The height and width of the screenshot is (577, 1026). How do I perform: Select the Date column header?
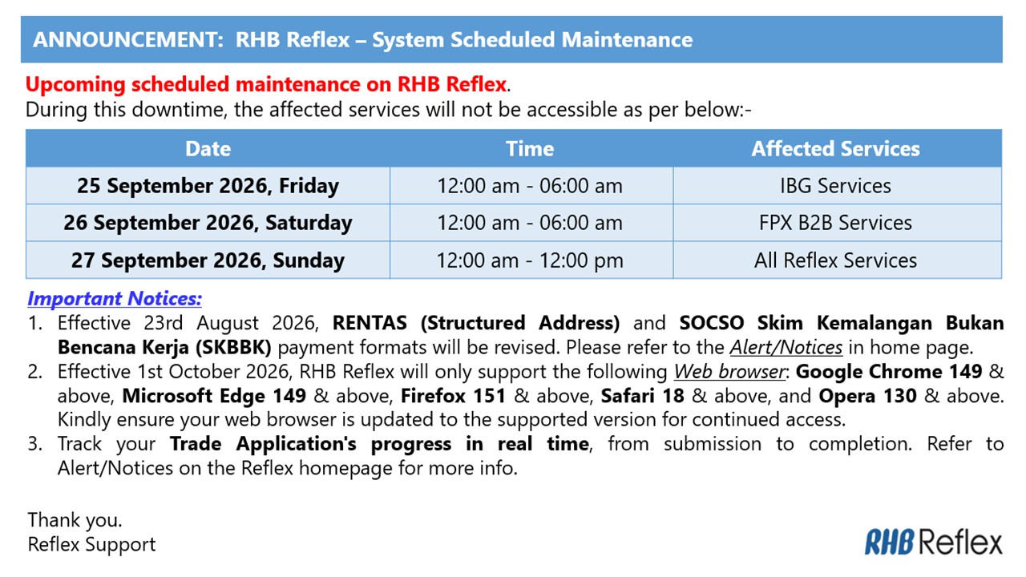(208, 149)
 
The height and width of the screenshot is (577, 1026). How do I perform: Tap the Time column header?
(530, 149)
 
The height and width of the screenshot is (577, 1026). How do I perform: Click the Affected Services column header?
(835, 149)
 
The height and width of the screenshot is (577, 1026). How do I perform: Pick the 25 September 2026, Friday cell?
(208, 186)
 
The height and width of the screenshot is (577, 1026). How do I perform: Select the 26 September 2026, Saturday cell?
(208, 223)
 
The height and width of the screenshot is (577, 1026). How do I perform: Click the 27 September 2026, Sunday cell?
(208, 260)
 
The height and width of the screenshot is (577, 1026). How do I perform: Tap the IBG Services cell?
(835, 186)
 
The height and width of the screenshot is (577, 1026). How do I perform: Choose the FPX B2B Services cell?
(835, 223)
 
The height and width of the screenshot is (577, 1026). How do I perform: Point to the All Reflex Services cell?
(835, 260)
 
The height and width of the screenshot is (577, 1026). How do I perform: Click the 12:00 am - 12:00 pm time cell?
(530, 260)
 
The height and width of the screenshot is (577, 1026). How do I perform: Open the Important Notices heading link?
(115, 299)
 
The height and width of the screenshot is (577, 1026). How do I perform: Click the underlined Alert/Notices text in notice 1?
(786, 348)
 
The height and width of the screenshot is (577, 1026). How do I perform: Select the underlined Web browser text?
(729, 372)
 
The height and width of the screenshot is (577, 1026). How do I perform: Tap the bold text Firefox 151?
(453, 396)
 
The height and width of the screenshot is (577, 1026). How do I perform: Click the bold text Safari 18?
(643, 396)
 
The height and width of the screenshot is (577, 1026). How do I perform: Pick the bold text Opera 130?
(867, 396)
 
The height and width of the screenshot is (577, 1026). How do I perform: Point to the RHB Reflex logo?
(933, 543)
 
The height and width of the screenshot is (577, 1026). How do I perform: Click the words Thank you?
(75, 520)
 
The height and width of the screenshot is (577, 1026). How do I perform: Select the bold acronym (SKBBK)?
(233, 348)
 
